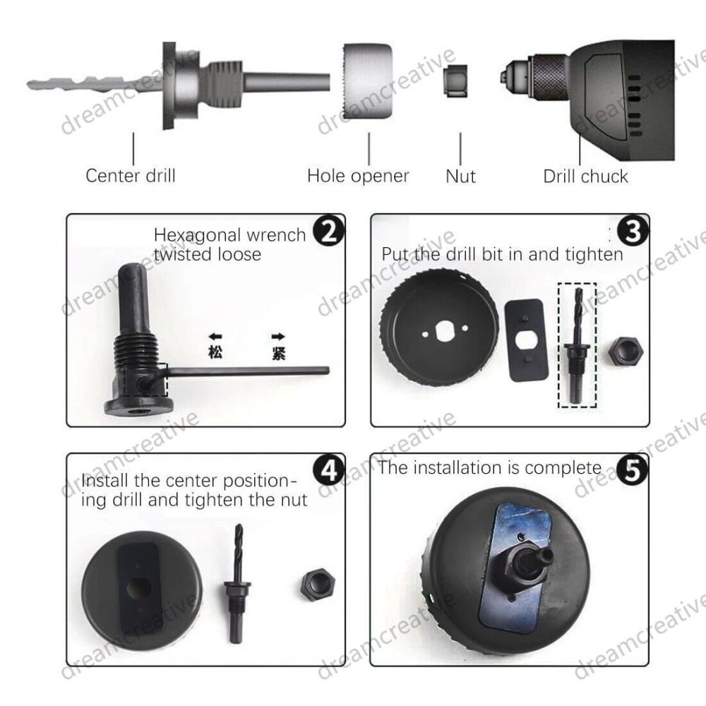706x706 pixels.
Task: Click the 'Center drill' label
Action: (x=131, y=176)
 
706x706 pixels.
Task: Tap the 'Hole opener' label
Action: (x=358, y=176)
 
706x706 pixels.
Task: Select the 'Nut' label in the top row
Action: (x=460, y=176)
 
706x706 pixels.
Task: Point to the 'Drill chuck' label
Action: (x=585, y=176)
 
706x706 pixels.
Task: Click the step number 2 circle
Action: (x=329, y=232)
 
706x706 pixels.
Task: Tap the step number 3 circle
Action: (x=633, y=232)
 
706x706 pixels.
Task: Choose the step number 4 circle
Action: (x=329, y=471)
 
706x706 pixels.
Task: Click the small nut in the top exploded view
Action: (x=455, y=80)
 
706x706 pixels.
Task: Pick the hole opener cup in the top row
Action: (x=367, y=82)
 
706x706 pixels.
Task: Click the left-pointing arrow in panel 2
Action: (x=215, y=336)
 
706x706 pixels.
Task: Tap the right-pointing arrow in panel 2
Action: (x=278, y=336)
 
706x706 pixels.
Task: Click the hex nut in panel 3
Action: (x=626, y=352)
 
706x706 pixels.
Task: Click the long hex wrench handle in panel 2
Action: (x=248, y=371)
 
